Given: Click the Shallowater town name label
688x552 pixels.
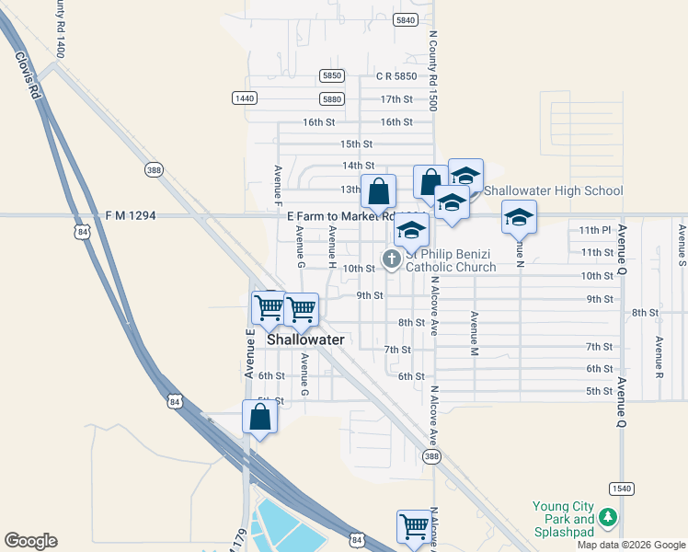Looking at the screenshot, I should (305, 339).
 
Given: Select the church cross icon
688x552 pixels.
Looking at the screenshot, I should (392, 259).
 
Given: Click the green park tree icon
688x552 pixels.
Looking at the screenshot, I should (607, 518).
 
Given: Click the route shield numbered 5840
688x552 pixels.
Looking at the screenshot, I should (405, 19).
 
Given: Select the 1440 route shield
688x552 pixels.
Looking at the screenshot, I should (244, 98).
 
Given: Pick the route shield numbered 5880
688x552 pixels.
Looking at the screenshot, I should (332, 99).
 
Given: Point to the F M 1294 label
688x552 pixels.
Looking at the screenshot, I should (131, 215).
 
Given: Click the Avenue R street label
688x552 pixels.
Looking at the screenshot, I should (659, 357).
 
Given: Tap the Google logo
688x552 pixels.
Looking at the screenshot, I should (30, 541).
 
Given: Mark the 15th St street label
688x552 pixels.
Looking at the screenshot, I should (356, 144).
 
